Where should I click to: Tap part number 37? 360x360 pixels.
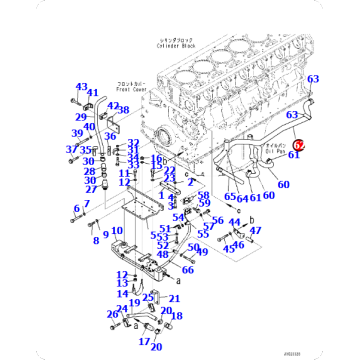point(71,150)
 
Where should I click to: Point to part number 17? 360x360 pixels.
point(144,342)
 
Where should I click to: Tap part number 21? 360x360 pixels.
point(174,299)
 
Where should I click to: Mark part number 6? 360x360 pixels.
point(75,208)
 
